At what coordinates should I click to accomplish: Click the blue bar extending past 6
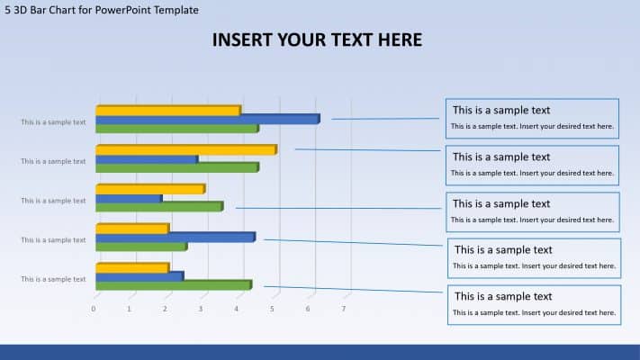click(x=207, y=119)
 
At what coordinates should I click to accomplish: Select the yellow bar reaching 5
click(x=185, y=149)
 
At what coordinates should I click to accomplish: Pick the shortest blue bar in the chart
click(x=128, y=198)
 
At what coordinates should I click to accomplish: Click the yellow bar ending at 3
click(x=149, y=189)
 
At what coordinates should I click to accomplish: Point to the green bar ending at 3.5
click(x=158, y=207)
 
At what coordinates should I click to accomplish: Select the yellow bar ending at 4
click(x=167, y=111)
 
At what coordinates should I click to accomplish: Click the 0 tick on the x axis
click(x=94, y=309)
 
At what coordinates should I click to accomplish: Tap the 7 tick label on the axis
click(x=344, y=309)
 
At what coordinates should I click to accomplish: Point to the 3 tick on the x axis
click(x=201, y=309)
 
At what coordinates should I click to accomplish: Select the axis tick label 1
click(x=129, y=309)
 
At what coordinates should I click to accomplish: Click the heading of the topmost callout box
click(x=500, y=110)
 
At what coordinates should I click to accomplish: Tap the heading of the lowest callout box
click(x=502, y=296)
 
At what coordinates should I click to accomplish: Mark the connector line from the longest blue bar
click(x=387, y=117)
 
